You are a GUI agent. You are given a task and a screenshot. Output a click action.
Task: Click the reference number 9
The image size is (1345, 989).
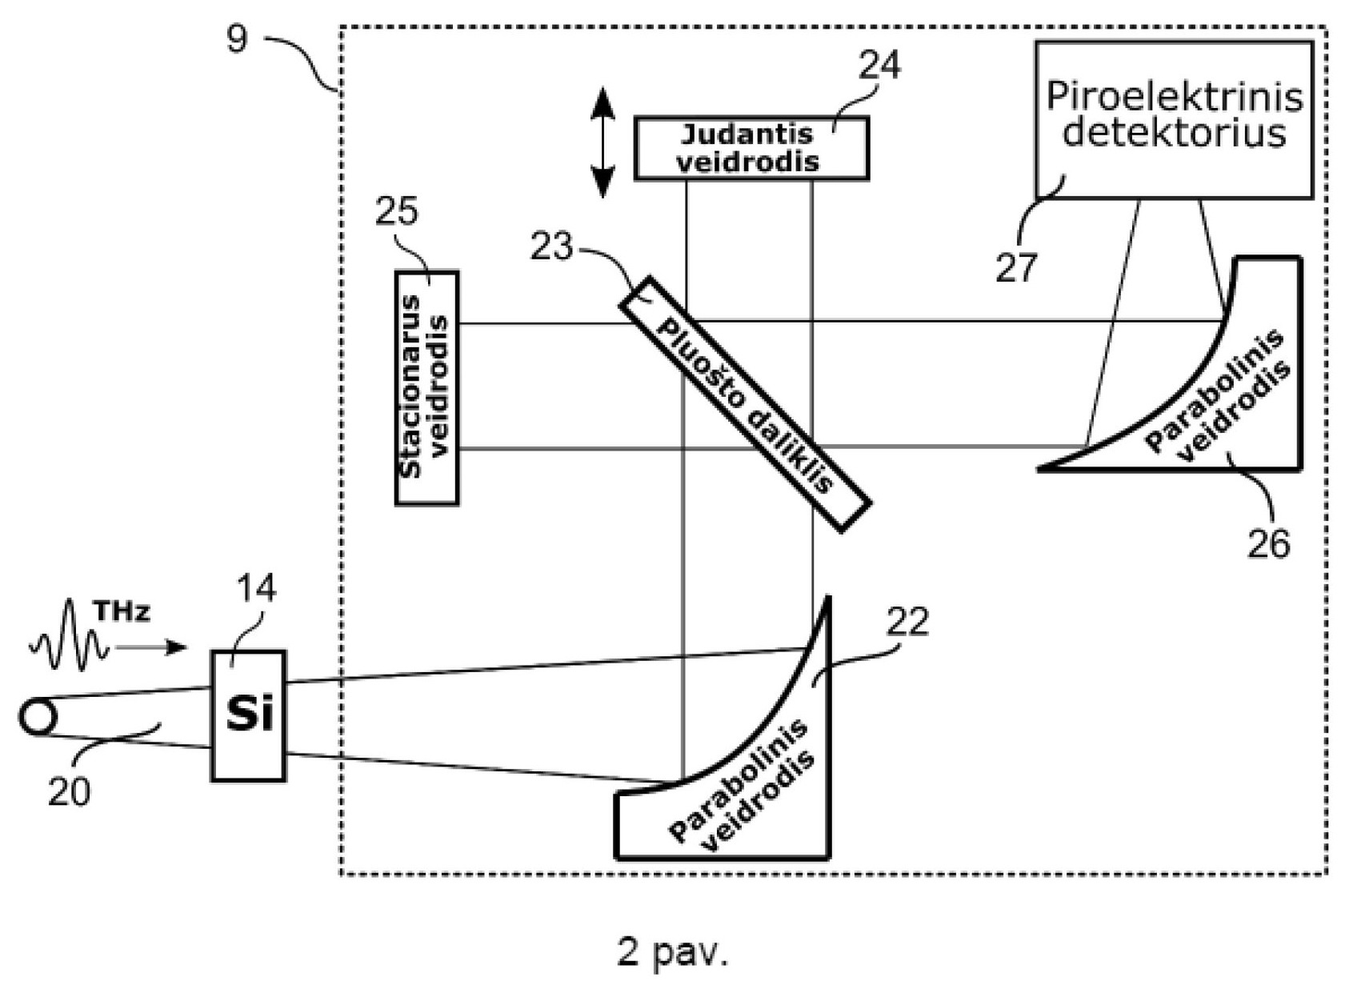(x=237, y=40)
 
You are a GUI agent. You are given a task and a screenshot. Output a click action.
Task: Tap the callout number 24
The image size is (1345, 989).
(x=879, y=65)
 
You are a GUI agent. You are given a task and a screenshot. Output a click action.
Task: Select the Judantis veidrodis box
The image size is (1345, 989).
(x=752, y=148)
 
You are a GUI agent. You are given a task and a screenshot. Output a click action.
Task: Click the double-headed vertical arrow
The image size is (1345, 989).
(x=602, y=143)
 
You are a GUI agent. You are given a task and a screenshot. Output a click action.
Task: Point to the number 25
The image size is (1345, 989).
(x=396, y=211)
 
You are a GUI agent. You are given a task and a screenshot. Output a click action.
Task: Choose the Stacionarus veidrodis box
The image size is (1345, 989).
(x=427, y=388)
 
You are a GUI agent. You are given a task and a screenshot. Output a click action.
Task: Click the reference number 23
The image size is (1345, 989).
(x=551, y=246)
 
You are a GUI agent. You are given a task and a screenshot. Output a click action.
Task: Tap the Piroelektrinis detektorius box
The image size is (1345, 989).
(x=1174, y=120)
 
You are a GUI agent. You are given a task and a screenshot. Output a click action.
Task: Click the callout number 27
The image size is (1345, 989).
(x=1017, y=267)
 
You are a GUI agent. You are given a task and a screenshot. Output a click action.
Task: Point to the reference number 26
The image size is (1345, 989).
(x=1268, y=544)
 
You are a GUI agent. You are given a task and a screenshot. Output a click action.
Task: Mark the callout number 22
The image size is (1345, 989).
(x=907, y=622)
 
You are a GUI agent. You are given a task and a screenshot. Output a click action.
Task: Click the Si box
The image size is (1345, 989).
(x=249, y=715)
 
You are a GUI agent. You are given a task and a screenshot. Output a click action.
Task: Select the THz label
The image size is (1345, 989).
(x=122, y=611)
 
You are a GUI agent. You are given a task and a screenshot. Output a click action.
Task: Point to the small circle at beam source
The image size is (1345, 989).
(x=38, y=717)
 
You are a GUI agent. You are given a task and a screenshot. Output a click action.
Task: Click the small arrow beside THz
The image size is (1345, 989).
(x=150, y=647)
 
